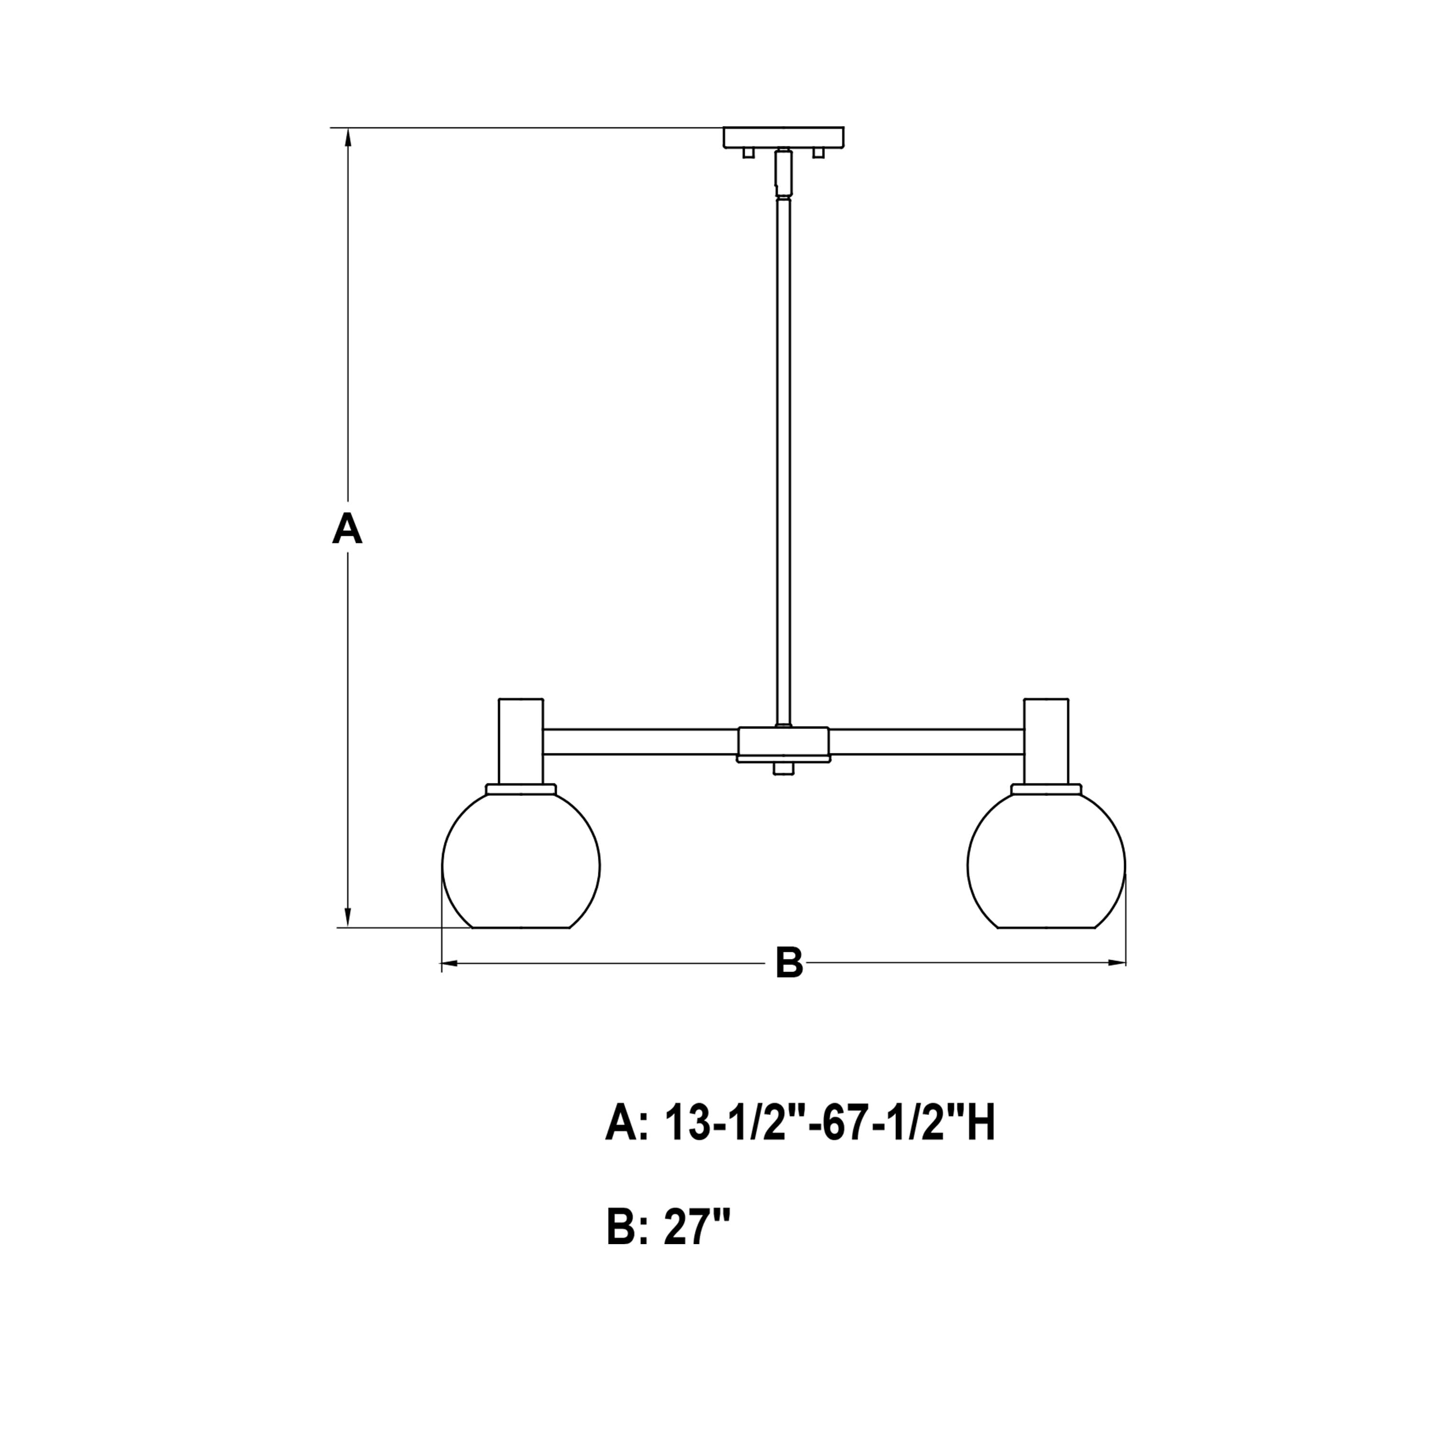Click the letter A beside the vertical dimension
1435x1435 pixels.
coord(347,530)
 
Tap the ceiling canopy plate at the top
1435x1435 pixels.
coord(784,137)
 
